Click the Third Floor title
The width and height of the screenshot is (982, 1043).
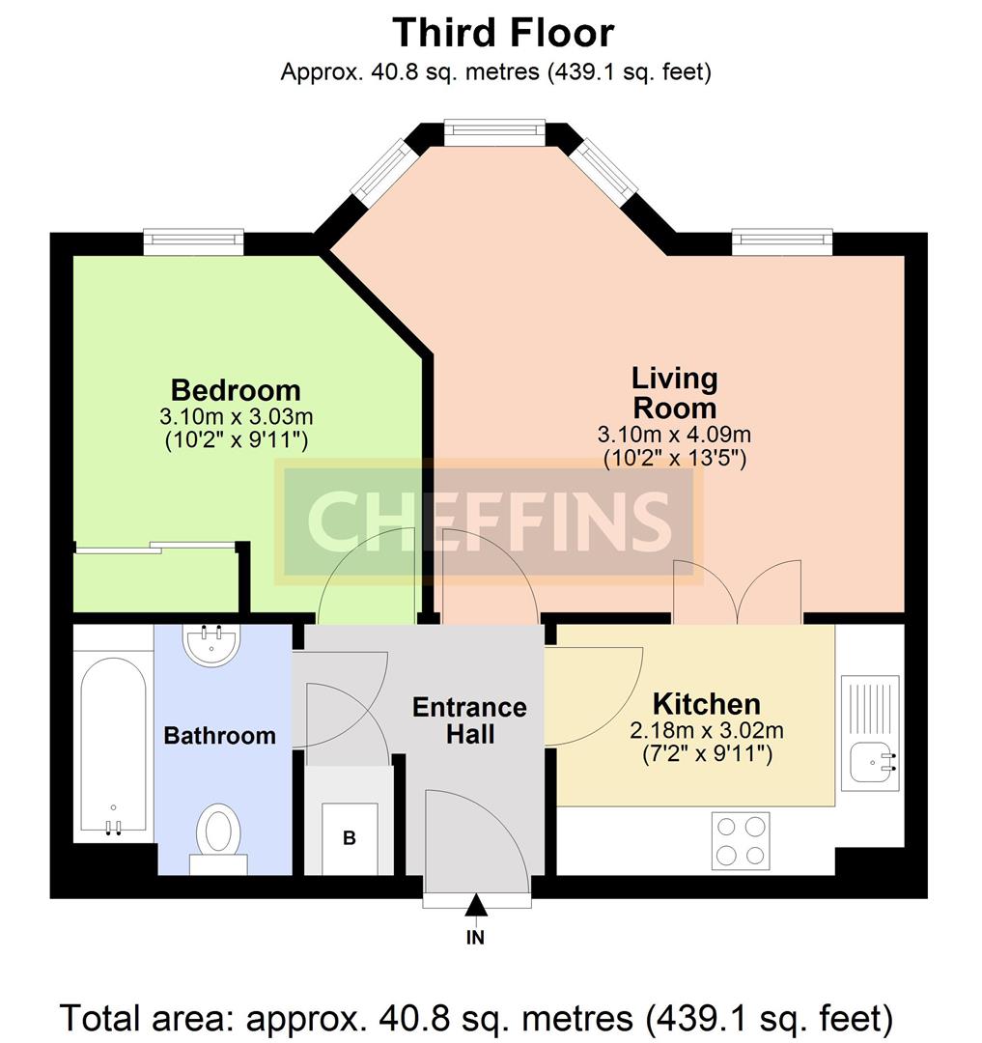point(503,33)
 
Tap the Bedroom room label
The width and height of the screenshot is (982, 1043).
point(236,390)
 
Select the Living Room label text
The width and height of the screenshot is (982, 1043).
point(674,392)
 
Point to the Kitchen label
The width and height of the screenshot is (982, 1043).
point(706,704)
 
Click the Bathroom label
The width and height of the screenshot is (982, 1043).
point(219,735)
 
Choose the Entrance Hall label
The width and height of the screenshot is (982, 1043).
point(469,720)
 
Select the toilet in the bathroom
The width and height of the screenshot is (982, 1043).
point(219,839)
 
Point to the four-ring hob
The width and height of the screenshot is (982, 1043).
point(741,841)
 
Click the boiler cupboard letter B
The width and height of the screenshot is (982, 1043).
point(349,838)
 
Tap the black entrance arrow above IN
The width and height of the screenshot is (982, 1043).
point(475,905)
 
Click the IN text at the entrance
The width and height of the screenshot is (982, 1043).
point(475,937)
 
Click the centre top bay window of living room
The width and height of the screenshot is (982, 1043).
point(494,132)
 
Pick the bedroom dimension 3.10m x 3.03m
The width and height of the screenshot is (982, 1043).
point(236,417)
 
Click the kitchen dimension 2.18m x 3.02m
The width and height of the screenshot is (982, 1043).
point(706,731)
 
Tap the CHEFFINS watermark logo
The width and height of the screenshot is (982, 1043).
point(489,521)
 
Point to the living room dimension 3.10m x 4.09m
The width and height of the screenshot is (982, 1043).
point(674,435)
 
